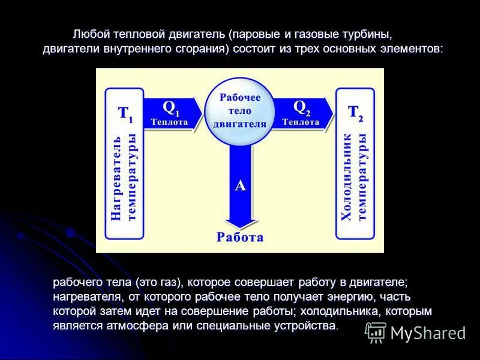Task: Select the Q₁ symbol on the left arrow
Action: coord(171,107)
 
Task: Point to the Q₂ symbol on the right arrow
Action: coord(301,107)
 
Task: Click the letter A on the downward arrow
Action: coord(240,186)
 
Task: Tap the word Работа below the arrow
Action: coord(240,237)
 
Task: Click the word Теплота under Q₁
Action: coord(169,122)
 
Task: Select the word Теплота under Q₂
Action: coord(300,122)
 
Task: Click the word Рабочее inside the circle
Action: coord(240,97)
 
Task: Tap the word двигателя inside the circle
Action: coord(240,124)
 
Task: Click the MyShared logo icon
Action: coord(376,332)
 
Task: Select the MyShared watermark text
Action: coord(428,333)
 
